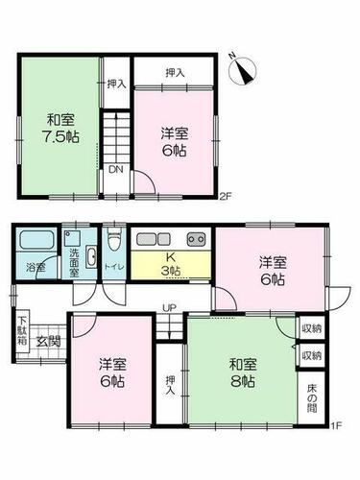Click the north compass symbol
[x=243, y=71]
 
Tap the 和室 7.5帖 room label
[x=60, y=129]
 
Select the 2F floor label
[x=225, y=196]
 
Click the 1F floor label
[x=337, y=426]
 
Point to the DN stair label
[x=116, y=170]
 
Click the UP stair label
[x=169, y=308]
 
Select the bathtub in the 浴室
[x=36, y=240]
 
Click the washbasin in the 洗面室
[x=91, y=258]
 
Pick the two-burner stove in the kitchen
[x=197, y=239]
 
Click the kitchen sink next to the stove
[x=154, y=239]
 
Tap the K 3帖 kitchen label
[x=170, y=263]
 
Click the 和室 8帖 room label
[x=243, y=372]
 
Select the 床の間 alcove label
[x=312, y=398]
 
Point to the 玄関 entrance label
[x=48, y=342]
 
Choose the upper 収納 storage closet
[x=312, y=328]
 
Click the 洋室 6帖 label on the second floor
[x=174, y=141]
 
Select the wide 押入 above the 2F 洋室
[x=174, y=72]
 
